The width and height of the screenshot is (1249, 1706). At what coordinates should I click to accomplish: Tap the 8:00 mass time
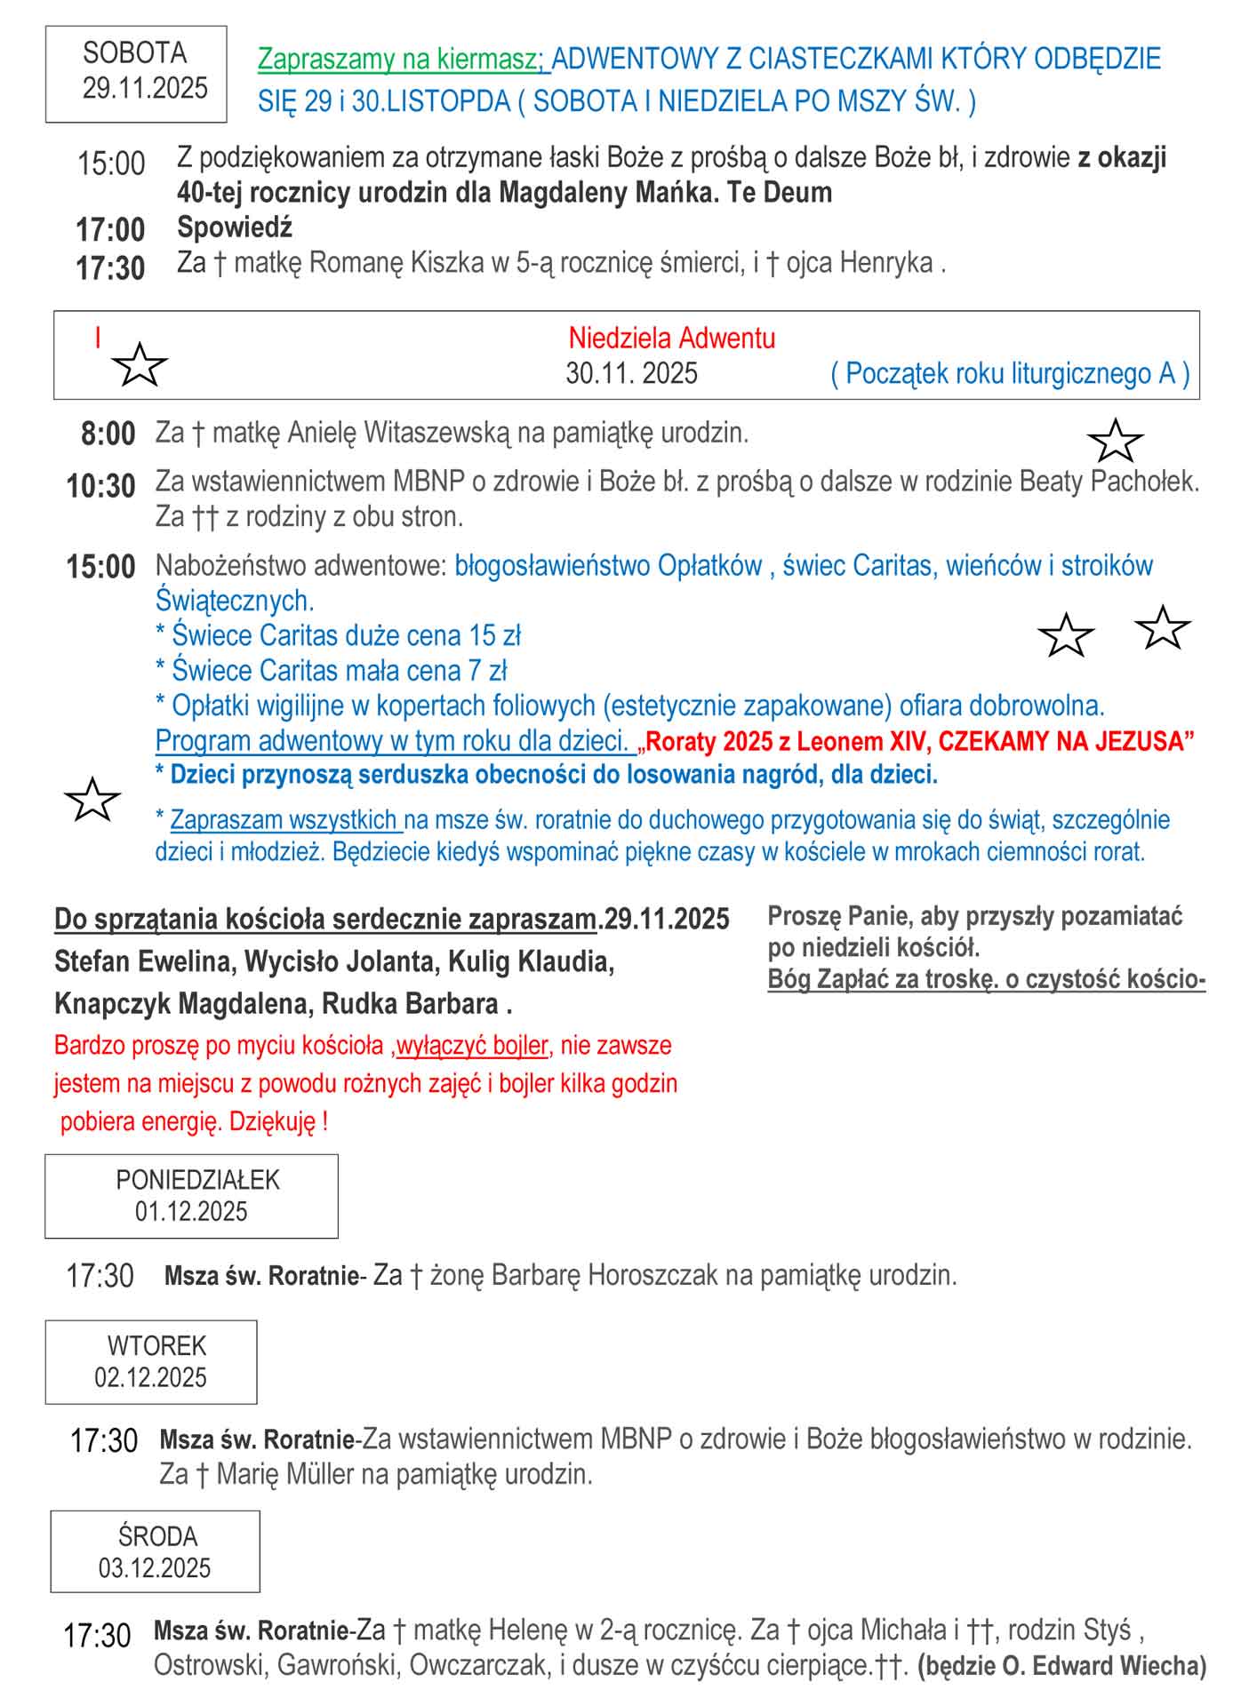click(108, 434)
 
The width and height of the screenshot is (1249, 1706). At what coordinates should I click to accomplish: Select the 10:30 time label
click(100, 486)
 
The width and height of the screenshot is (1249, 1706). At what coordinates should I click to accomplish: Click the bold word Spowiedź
click(235, 227)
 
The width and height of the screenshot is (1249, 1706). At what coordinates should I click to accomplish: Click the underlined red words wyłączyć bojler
click(471, 1045)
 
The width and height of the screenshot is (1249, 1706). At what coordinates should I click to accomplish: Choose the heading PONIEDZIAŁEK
click(197, 1180)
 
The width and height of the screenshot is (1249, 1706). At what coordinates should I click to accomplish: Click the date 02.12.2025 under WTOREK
click(150, 1377)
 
